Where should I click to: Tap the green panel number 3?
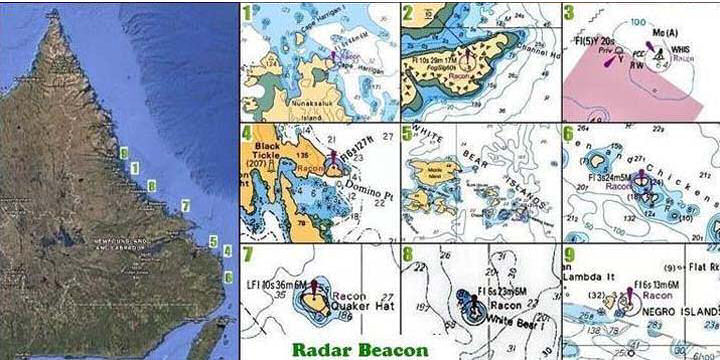click(568, 13)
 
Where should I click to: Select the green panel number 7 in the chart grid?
click(246, 255)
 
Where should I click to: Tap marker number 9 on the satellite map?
click(123, 153)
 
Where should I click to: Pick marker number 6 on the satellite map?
click(228, 277)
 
